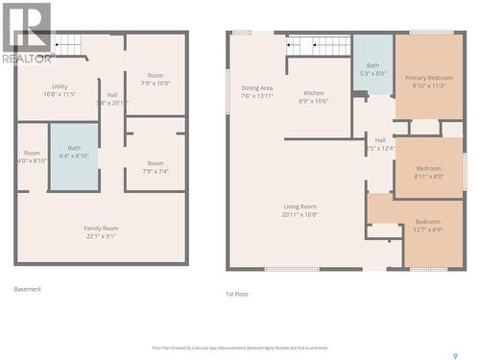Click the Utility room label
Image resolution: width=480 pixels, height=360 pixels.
tap(60, 90)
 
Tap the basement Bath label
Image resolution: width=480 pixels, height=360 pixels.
tap(74, 153)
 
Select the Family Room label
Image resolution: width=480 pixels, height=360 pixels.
tap(100, 231)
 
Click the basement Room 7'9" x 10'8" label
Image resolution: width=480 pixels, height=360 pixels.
tap(156, 79)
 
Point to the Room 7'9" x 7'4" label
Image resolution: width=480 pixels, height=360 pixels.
tap(156, 167)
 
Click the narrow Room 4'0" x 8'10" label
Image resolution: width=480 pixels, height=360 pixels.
tap(33, 157)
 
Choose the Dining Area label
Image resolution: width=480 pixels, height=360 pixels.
tap(257, 92)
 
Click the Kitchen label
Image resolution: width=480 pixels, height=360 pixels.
tap(314, 97)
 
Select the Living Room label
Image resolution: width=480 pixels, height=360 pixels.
tap(300, 210)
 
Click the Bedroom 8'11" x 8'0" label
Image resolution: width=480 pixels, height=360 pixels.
tap(429, 172)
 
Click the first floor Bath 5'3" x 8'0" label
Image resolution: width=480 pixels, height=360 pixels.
tap(372, 69)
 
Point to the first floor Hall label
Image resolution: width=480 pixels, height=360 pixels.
tap(380, 143)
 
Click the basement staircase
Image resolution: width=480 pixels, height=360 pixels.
tap(67, 44)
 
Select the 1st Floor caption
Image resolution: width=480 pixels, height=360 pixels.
tap(237, 294)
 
